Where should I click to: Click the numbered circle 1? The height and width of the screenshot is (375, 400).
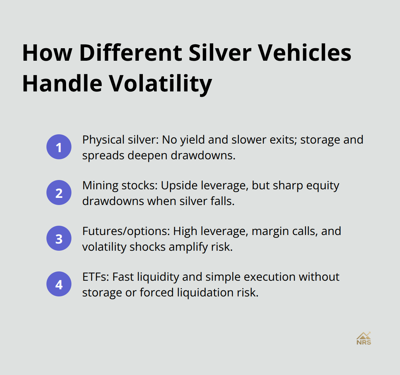(x=59, y=147)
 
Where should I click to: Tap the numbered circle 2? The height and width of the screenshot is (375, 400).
(x=59, y=192)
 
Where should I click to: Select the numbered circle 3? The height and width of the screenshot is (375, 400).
(x=59, y=238)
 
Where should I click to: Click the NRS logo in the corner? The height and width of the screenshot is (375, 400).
(x=364, y=338)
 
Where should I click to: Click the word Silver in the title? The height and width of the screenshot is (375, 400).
(x=211, y=53)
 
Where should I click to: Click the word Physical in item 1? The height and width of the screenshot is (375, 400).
(x=98, y=140)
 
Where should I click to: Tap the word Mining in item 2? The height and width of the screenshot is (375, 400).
(x=95, y=185)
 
